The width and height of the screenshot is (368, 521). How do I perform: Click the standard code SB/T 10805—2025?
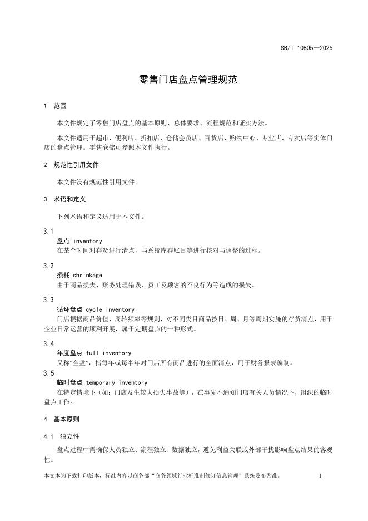coord(306,48)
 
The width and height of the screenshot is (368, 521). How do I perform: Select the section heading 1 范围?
coord(55,106)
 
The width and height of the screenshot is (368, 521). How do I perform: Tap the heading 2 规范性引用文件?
coord(71,165)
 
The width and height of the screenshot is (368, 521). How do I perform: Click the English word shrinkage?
coord(88,275)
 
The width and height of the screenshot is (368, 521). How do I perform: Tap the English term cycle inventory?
coord(110,309)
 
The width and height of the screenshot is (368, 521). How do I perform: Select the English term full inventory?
coord(109,353)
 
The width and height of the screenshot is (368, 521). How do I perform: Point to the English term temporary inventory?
coord(117,382)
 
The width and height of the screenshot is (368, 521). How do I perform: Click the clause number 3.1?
coord(48,231)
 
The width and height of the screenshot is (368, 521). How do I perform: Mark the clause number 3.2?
coord(48,266)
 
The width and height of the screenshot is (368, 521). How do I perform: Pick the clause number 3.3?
coord(48,300)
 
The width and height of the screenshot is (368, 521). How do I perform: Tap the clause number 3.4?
coord(48,343)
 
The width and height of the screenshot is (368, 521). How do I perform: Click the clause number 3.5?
coord(48,373)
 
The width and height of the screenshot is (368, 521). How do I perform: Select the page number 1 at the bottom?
coord(321,476)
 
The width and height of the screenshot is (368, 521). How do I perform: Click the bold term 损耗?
coord(63,275)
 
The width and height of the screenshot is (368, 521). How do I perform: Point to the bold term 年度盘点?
coord(70,353)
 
